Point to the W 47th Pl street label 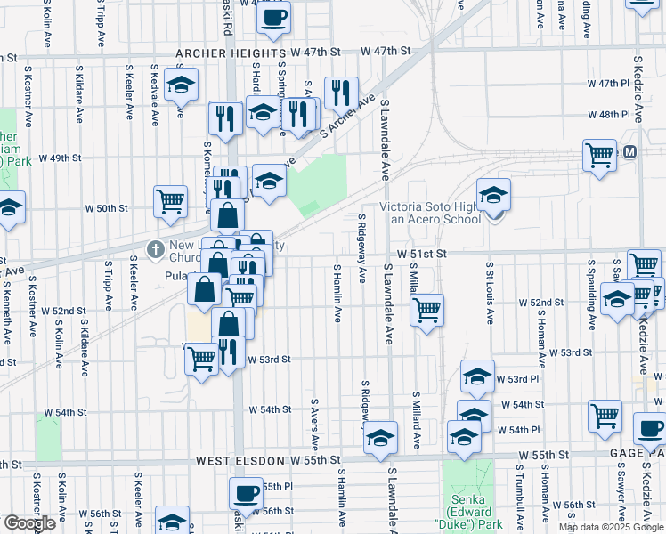click(608, 83)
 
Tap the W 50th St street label click(106, 208)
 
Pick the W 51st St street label click(420, 254)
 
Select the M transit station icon click(630, 152)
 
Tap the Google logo click(29, 523)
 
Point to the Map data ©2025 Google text click(611, 527)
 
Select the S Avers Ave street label click(314, 424)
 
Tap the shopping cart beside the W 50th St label click(169, 200)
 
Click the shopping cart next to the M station click(599, 154)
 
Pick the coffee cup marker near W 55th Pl click(246, 492)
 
